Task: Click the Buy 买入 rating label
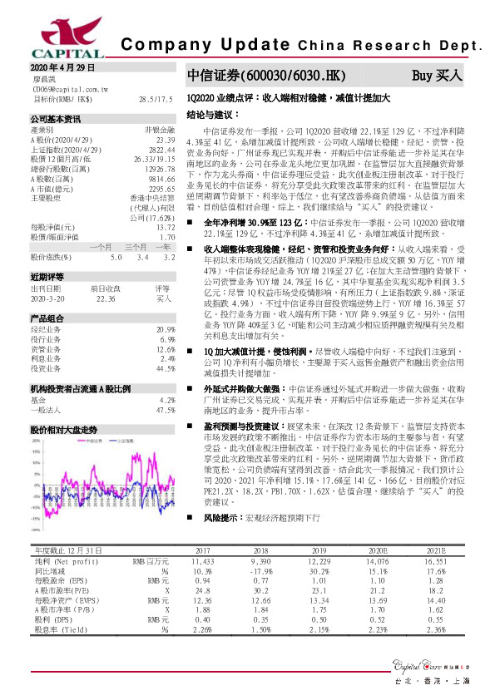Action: pos(437,76)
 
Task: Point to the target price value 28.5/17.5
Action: pos(156,99)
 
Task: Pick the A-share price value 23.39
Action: pos(164,141)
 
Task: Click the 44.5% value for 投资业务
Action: pos(165,367)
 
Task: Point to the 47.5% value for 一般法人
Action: pos(165,411)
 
